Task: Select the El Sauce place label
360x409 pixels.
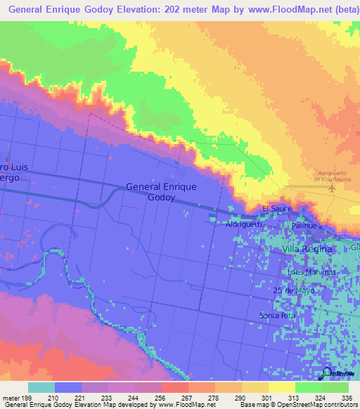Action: pyautogui.click(x=276, y=209)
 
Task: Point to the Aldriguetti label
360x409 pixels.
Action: pyautogui.click(x=244, y=224)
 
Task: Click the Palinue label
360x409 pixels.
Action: pyautogui.click(x=304, y=226)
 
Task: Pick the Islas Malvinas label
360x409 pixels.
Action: pyautogui.click(x=312, y=271)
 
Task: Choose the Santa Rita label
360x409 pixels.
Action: pyautogui.click(x=276, y=315)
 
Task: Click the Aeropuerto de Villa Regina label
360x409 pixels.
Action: pyautogui.click(x=333, y=176)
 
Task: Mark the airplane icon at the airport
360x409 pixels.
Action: pyautogui.click(x=333, y=188)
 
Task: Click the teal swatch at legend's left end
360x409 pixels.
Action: pyautogui.click(x=41, y=387)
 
